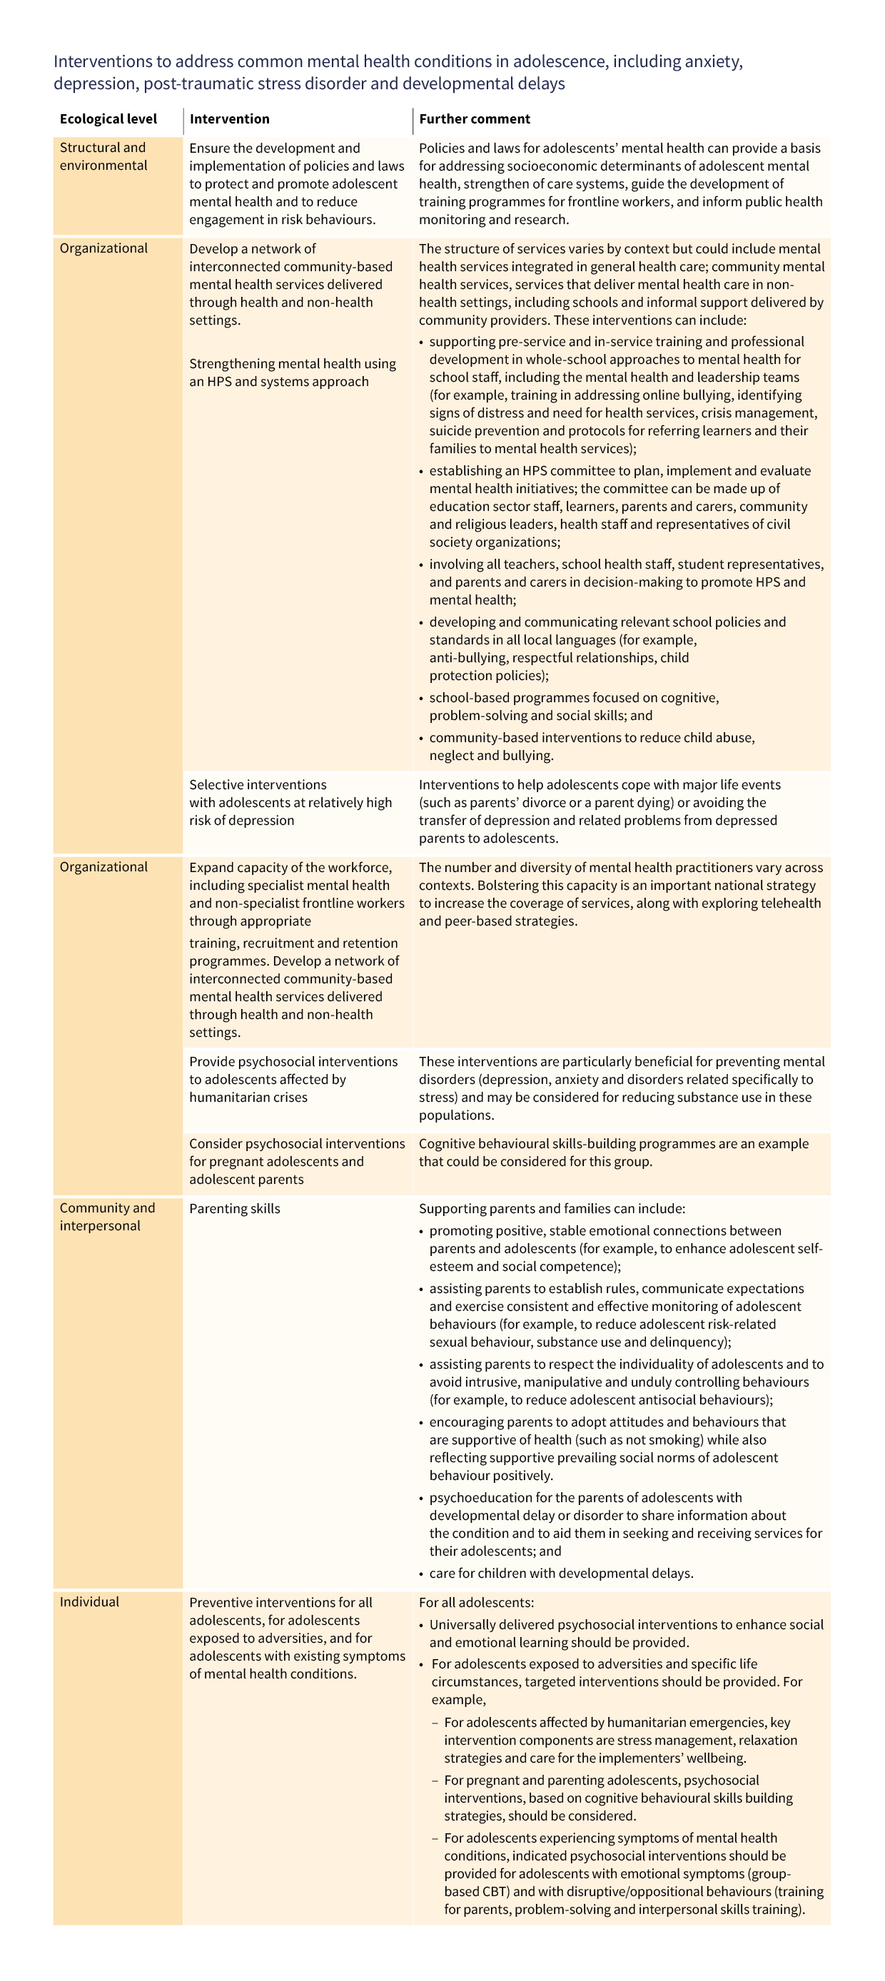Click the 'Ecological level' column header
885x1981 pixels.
click(108, 119)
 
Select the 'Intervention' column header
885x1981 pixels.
click(229, 119)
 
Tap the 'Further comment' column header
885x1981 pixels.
click(475, 119)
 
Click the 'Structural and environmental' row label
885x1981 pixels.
click(103, 156)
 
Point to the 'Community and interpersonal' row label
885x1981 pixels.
click(107, 1217)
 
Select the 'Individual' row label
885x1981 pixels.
click(89, 1602)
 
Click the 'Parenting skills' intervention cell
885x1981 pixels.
click(235, 1208)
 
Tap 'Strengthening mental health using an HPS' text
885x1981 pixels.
click(292, 373)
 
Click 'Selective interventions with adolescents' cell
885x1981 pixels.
click(290, 802)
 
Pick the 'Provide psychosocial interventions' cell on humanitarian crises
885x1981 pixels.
click(293, 1079)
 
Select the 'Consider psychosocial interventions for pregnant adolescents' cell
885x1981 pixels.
click(296, 1161)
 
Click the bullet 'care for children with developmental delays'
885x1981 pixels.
click(560, 1574)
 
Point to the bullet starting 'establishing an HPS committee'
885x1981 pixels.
click(619, 506)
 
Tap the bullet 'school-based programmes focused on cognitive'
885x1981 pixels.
click(574, 706)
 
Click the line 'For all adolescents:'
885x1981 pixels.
click(476, 1603)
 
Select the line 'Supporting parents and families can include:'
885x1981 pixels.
click(551, 1208)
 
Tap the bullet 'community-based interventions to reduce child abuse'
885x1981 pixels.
click(591, 746)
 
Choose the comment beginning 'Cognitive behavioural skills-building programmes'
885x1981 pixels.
click(613, 1152)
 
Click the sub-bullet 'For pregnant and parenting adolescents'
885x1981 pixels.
click(617, 1798)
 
